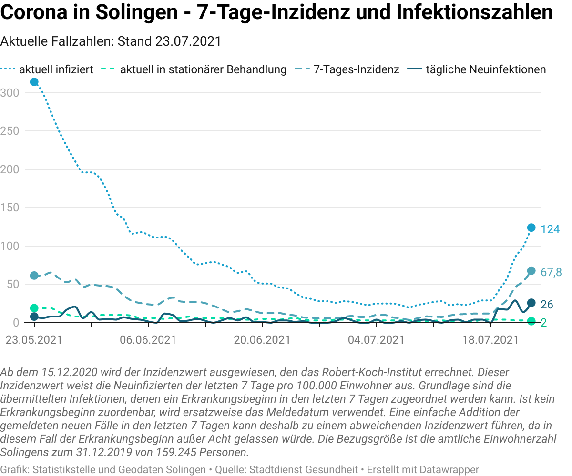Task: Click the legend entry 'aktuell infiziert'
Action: (47, 69)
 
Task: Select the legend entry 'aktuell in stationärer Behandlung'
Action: (194, 69)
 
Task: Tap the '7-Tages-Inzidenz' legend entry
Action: (347, 69)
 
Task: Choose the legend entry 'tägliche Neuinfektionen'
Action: (476, 69)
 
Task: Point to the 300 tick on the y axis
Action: (10, 93)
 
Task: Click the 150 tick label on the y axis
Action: (10, 208)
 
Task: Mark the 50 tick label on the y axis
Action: (13, 284)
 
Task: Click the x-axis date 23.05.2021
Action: (34, 340)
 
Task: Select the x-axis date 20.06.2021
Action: (262, 340)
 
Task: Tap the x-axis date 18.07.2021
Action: (490, 340)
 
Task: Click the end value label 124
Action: (550, 229)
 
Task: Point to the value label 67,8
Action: (551, 272)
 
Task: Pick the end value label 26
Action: (547, 305)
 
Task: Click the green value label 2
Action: (544, 323)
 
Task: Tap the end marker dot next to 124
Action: (531, 228)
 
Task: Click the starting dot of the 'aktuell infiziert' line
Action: (34, 82)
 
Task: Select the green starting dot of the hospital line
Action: (34, 308)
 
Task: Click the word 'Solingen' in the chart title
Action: (136, 12)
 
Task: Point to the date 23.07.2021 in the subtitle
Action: (188, 41)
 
